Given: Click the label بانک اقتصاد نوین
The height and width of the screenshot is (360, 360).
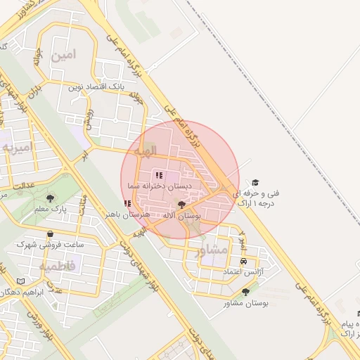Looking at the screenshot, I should pyautogui.click(x=96, y=88).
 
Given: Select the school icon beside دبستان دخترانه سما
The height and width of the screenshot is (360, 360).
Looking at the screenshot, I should pyautogui.click(x=157, y=175).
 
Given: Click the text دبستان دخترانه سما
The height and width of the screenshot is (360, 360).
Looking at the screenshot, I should pyautogui.click(x=160, y=186).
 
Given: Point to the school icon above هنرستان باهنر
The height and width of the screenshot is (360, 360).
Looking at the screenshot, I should pyautogui.click(x=127, y=203).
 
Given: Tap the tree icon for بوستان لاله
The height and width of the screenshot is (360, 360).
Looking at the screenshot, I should pyautogui.click(x=182, y=205).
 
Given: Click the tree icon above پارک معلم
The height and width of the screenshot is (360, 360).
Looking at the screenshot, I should pyautogui.click(x=49, y=198).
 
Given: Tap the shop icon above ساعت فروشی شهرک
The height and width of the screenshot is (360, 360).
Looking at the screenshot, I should pyautogui.click(x=49, y=234).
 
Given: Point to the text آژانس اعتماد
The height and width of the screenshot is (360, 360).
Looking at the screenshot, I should pyautogui.click(x=243, y=271).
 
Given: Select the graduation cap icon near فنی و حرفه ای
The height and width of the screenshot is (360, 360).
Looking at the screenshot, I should pyautogui.click(x=255, y=181).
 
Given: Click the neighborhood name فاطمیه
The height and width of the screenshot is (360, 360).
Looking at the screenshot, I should pyautogui.click(x=53, y=266).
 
